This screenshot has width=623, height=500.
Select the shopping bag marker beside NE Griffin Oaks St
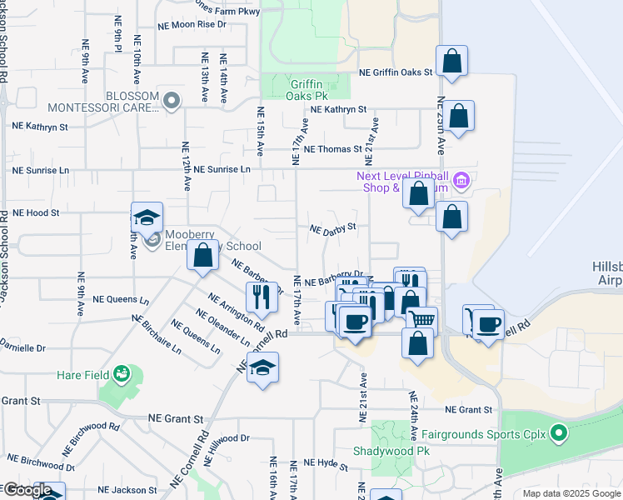451,62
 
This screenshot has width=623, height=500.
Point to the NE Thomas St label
333,149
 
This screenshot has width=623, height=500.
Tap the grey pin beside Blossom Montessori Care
172,101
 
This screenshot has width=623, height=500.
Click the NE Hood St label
35,212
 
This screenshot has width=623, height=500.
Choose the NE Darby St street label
332,227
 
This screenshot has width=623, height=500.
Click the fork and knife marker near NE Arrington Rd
262,297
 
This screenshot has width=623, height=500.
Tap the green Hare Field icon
122,375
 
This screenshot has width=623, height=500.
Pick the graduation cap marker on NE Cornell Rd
262,368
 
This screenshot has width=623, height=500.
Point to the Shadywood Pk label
390,450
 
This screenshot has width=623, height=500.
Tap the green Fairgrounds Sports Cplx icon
559,433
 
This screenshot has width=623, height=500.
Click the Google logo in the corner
27,490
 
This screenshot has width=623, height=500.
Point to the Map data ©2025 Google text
571,493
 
